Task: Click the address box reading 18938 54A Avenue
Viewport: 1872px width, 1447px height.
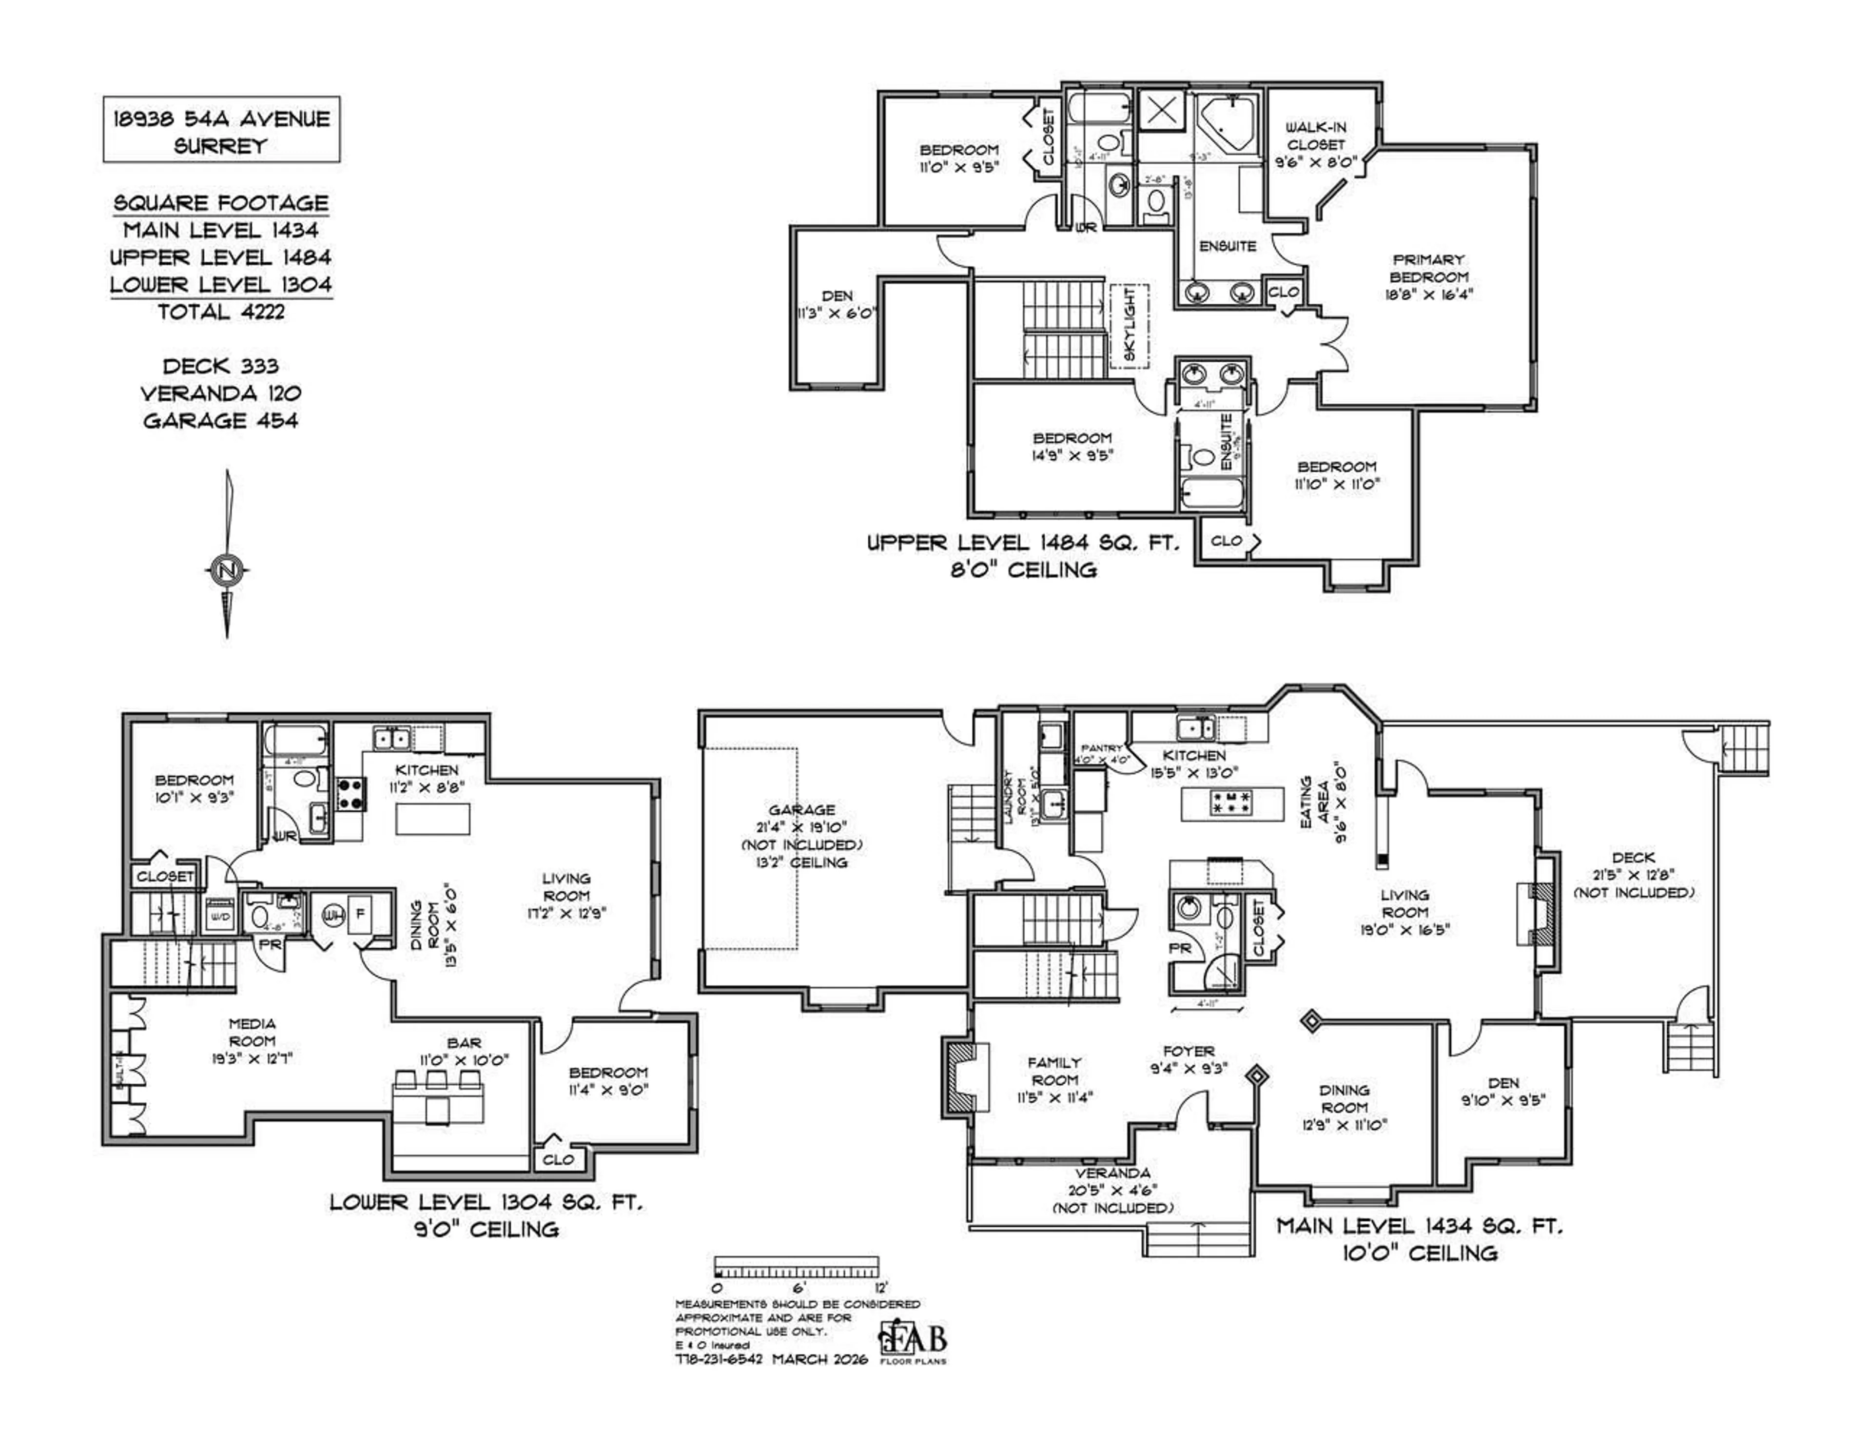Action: [x=221, y=130]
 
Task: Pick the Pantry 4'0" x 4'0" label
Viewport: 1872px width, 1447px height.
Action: [x=1101, y=754]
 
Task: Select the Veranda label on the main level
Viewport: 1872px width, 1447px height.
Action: [x=1112, y=1190]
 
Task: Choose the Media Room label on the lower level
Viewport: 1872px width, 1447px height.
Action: [x=252, y=1041]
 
